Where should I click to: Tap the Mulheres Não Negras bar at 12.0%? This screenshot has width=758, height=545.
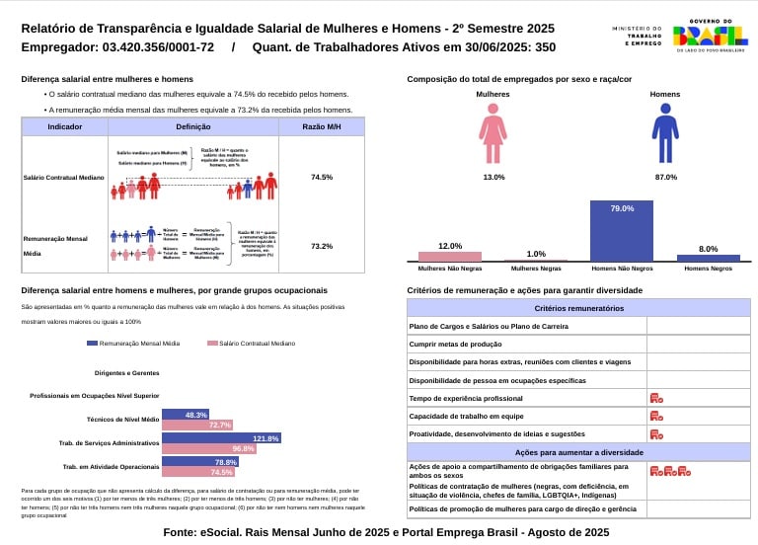450,256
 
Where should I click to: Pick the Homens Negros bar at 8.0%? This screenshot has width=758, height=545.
708,258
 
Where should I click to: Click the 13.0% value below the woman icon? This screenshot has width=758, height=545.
493,177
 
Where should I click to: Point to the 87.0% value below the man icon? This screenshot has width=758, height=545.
666,177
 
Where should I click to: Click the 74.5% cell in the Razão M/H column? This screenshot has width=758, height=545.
321,177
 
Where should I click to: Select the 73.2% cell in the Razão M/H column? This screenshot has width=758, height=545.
321,246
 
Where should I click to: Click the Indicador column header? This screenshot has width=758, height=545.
64,126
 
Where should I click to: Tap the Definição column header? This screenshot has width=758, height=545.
193,126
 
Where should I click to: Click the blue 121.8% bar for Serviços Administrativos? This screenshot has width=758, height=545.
221,437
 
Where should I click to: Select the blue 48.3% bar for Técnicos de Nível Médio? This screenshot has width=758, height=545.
186,415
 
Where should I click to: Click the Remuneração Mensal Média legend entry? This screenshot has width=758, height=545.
133,344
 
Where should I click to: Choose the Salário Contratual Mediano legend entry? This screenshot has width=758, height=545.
251,344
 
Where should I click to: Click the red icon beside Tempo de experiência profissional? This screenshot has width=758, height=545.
656,398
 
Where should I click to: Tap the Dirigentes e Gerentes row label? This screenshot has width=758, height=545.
126,373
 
